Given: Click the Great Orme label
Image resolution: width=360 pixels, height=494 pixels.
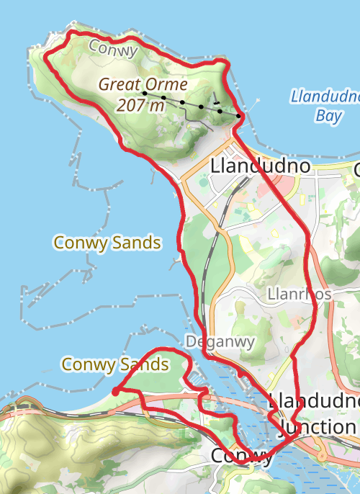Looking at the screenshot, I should (x=143, y=84).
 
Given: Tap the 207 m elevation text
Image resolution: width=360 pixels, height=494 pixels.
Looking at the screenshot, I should (x=140, y=105).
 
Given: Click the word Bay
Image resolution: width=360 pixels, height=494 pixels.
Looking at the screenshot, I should (x=328, y=114).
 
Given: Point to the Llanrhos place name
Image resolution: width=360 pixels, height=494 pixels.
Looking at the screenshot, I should (x=299, y=294).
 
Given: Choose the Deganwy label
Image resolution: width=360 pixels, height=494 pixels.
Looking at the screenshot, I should (x=220, y=341).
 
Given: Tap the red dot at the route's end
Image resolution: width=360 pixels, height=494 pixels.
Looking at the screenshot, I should (x=115, y=391).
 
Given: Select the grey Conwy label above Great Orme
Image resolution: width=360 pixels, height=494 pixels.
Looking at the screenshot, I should (x=114, y=49).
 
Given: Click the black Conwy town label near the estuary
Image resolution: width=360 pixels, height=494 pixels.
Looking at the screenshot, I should (x=242, y=457).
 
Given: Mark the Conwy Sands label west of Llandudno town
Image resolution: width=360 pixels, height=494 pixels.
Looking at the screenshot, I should (x=107, y=243).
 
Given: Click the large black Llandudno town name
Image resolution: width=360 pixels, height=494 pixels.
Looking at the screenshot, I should (x=261, y=166).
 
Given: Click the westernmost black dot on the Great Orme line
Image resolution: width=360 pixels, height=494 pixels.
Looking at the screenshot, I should (x=145, y=93).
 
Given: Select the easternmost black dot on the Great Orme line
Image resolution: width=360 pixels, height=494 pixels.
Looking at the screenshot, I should (x=238, y=115).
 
